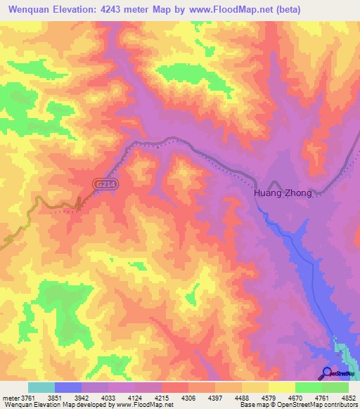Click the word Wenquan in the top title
[31, 10]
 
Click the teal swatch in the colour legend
[41, 387]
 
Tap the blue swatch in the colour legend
[68, 387]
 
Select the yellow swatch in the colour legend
[281, 387]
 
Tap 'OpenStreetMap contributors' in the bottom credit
[324, 405]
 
